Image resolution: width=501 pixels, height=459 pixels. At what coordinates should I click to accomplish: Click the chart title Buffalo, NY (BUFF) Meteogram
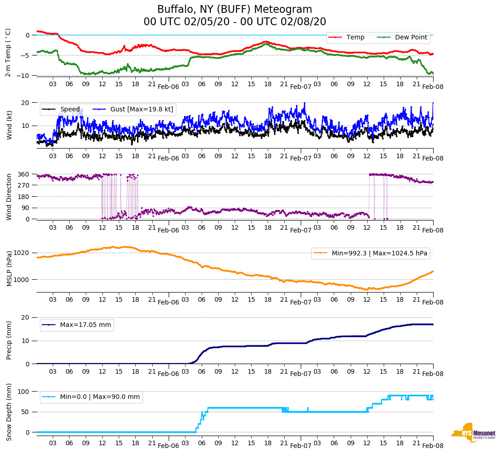coord(234,10)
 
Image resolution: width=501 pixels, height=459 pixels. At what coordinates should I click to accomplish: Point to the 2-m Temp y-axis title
coord(8,52)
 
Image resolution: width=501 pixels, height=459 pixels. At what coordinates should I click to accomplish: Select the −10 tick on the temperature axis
coord(26,76)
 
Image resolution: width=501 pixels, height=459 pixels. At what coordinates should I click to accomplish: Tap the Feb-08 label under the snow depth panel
coord(433,446)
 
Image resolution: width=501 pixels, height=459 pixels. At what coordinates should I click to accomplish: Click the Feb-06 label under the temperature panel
coord(168,86)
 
